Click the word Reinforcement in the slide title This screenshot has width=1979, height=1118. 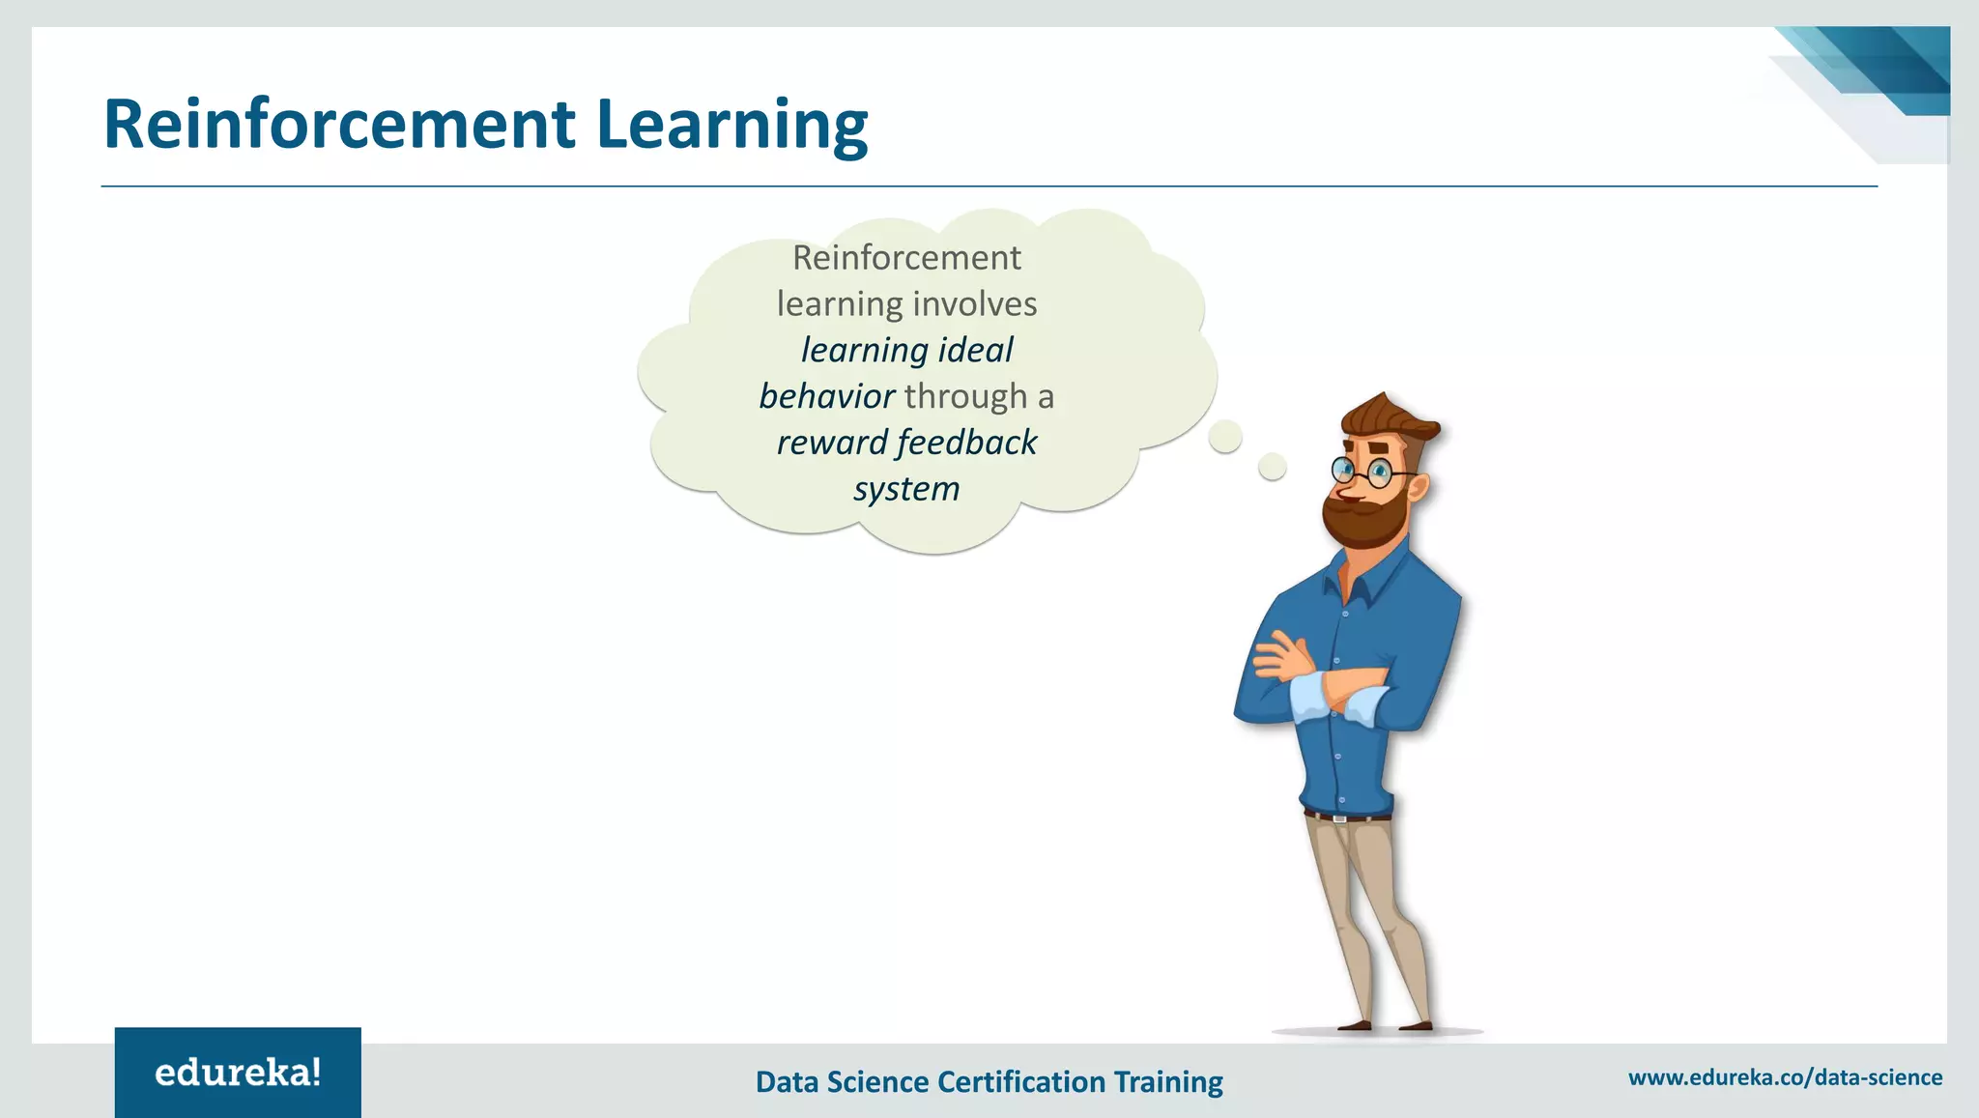tap(339, 125)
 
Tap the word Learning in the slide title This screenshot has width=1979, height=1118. tap(731, 125)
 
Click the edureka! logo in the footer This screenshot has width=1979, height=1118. tap(238, 1073)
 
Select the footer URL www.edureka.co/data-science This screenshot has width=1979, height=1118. tap(1785, 1077)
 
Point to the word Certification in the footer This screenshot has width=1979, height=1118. tap(1021, 1081)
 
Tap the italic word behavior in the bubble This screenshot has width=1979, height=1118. tap(827, 396)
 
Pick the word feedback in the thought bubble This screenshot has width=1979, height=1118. tap(966, 443)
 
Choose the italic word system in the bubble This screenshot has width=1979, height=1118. tap(906, 489)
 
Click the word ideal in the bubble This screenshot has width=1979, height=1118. tap(975, 350)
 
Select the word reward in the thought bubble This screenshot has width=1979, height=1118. tap(832, 443)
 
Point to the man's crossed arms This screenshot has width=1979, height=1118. tap(1324, 681)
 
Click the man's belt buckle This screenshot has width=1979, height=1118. tap(1339, 818)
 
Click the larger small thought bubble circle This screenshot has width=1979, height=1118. tap(1225, 437)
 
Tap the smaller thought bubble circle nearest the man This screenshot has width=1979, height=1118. tap(1273, 468)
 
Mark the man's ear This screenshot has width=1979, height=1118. tap(1417, 486)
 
